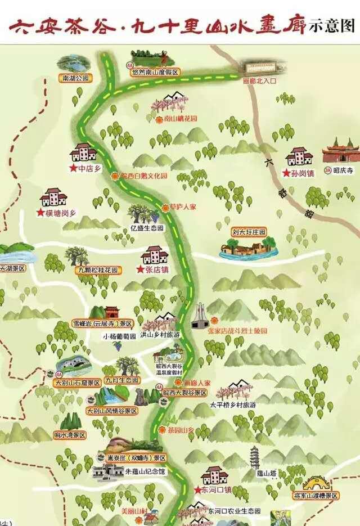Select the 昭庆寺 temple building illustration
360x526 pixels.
point(340,151)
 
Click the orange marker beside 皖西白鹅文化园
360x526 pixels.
point(115,176)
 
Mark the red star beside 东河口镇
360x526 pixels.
point(197,490)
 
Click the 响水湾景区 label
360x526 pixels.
point(70,435)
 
